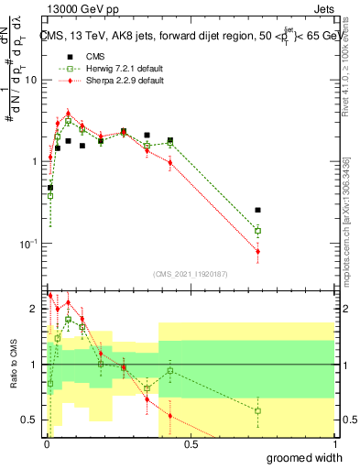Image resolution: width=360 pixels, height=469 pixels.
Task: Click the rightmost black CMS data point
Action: point(257,211)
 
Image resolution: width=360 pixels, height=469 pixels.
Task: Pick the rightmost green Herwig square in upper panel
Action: point(257,231)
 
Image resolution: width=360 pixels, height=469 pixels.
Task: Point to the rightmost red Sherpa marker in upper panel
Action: point(257,251)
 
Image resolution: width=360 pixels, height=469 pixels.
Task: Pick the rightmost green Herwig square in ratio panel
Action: point(257,410)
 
